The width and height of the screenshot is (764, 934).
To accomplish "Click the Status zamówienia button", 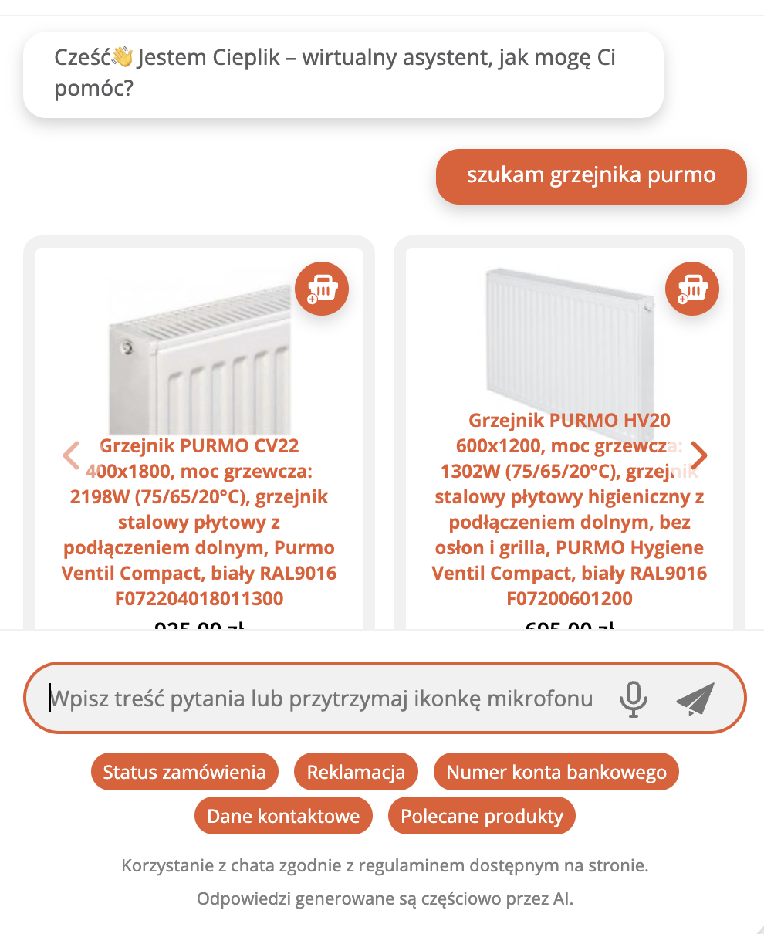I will pos(184,772).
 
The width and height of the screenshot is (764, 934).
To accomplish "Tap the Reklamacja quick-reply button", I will pos(356,772).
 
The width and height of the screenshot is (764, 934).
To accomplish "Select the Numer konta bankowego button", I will pos(556,772).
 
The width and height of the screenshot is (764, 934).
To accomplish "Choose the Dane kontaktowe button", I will pos(283,816).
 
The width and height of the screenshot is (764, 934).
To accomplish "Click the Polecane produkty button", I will pos(482,816).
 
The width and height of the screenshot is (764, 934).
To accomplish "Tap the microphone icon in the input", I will pos(634,699).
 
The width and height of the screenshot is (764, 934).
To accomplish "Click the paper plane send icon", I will pos(695,699).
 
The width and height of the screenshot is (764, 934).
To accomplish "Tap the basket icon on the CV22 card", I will pos(322,289).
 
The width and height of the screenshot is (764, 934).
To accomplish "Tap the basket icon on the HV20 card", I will pos(692,289).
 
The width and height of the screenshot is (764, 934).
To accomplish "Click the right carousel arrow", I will pos(698,455).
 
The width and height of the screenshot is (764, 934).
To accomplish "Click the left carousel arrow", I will pos(71,455).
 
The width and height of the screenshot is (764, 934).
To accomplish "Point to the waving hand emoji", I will pos(123,57).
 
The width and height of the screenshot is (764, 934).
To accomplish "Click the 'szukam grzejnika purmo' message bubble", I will pos(591,176).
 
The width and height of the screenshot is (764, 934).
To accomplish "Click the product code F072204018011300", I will pos(199,598).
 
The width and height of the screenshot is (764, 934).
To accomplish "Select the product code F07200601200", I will pos(570,598).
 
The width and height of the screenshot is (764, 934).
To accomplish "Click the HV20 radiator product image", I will pos(570,340).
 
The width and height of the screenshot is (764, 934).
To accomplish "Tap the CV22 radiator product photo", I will pos(199,355).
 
